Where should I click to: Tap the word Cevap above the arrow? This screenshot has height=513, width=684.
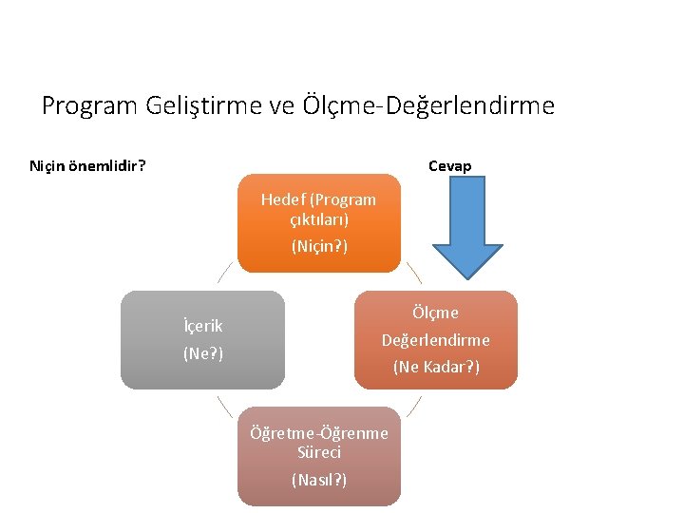coord(449,166)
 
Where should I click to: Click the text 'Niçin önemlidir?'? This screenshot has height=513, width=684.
coord(87,166)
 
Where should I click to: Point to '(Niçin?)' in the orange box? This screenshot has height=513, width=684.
coord(319,246)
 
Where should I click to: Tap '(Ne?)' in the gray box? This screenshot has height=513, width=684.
coord(202,353)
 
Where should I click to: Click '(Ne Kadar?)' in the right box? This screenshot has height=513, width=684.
coord(436,367)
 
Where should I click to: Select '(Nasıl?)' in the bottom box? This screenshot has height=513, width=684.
coord(319,480)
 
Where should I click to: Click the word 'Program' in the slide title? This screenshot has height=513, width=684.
coord(91,105)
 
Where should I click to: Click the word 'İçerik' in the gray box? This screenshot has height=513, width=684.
coord(202,326)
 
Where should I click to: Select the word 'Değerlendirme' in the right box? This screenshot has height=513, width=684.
coord(436,339)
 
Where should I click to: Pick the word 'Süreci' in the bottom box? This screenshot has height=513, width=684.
coord(319,451)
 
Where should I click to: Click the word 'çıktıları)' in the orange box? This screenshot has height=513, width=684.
coord(319,218)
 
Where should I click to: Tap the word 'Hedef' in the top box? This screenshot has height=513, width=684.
coord(283,199)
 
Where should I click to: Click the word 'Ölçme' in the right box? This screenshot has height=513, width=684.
coord(436,313)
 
